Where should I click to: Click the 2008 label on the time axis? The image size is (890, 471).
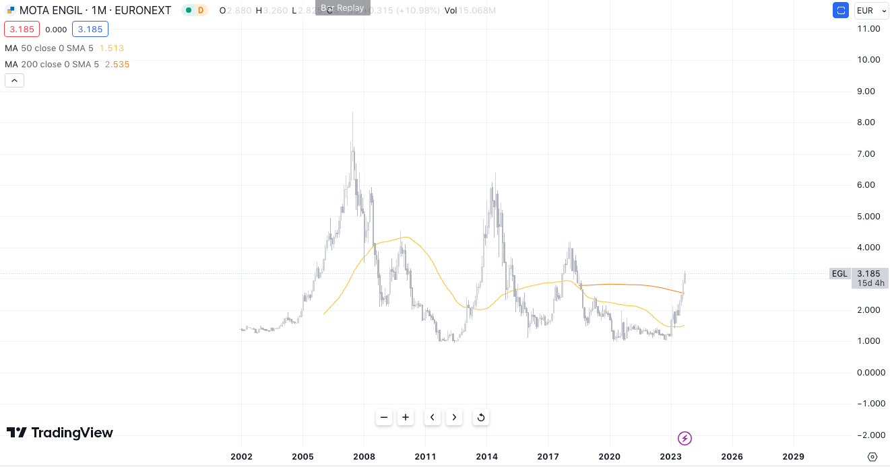click(364, 457)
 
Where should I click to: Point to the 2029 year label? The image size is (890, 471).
click(794, 457)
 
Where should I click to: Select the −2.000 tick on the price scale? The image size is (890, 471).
click(868, 435)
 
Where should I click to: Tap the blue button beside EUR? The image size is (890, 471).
click(841, 10)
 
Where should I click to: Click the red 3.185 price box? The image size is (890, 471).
click(22, 29)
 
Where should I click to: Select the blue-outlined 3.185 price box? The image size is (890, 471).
click(90, 29)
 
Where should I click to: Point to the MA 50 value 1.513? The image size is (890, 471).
click(112, 48)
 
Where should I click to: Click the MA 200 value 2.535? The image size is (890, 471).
click(117, 65)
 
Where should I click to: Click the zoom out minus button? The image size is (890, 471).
click(384, 417)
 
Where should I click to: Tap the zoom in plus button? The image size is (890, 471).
click(406, 417)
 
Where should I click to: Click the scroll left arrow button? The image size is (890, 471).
click(433, 417)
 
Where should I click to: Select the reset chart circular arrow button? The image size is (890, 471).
click(481, 417)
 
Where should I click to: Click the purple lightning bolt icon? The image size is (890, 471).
click(685, 439)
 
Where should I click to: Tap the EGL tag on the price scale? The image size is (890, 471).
click(839, 273)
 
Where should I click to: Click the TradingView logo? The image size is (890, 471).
click(60, 433)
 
